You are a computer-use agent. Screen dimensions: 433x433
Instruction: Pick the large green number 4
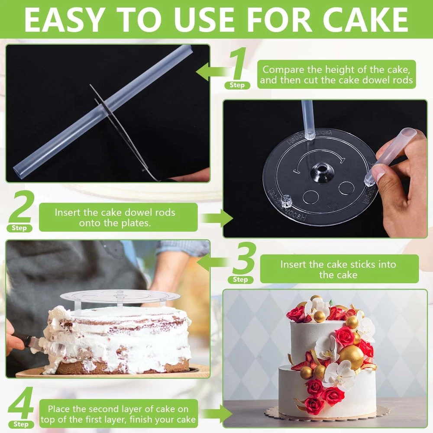(21, 403)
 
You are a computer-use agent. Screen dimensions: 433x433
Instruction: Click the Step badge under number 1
(237, 85)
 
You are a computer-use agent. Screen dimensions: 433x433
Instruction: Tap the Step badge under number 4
(21, 424)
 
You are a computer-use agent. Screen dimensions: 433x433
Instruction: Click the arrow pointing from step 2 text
(218, 218)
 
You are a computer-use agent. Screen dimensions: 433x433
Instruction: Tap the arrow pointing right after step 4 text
(217, 414)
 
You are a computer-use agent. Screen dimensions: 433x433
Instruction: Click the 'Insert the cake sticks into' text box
(339, 269)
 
